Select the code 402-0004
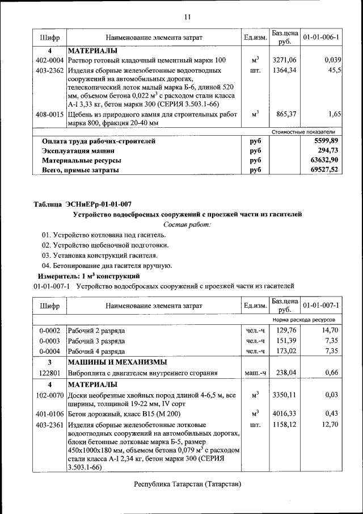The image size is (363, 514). tap(49, 60)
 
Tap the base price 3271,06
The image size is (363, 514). tap(284, 60)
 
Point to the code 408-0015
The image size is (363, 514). tap(49, 114)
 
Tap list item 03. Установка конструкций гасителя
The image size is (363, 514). tap(95, 255)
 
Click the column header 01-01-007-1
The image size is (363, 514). tap(321, 306)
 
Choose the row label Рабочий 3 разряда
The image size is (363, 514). tap(96, 340)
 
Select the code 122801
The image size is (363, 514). tap(49, 373)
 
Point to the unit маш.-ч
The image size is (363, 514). tap(255, 373)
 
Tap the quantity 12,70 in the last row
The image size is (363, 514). tap(330, 424)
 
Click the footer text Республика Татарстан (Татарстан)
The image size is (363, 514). tap(187, 484)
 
